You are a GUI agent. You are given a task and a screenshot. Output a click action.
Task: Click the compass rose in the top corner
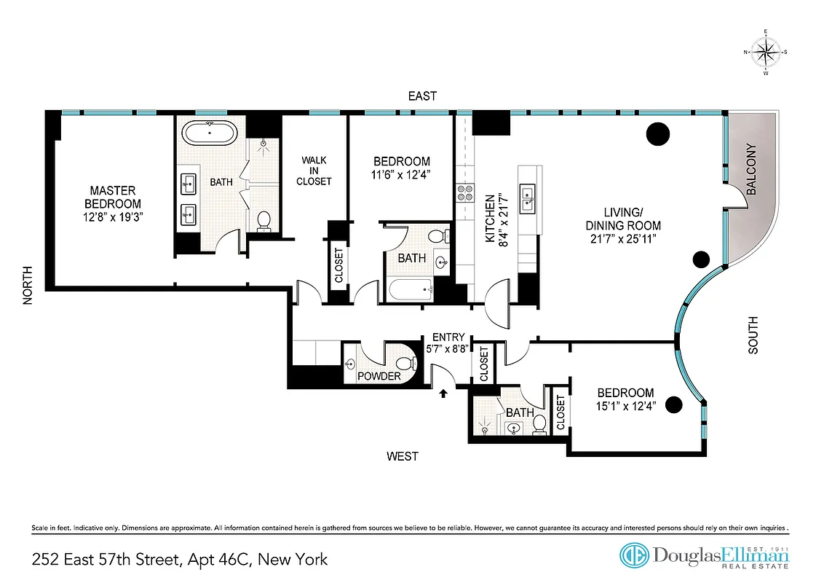click(x=765, y=52)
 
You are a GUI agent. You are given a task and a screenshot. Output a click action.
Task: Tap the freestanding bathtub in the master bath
click(x=210, y=134)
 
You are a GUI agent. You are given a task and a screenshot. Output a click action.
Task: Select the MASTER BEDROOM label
click(x=113, y=197)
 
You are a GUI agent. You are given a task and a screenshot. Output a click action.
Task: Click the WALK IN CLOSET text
click(x=314, y=170)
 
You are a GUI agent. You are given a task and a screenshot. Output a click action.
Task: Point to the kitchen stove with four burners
click(x=464, y=193)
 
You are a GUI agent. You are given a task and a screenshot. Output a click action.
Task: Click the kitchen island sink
click(x=527, y=194)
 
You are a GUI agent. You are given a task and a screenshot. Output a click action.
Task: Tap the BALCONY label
click(x=751, y=169)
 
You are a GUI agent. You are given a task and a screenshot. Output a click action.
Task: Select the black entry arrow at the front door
click(x=443, y=394)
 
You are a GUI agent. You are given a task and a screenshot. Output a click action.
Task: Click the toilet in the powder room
click(x=404, y=362)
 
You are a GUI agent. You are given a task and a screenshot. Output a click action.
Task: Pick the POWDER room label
click(x=379, y=376)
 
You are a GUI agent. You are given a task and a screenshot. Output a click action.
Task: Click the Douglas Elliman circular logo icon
click(x=634, y=555)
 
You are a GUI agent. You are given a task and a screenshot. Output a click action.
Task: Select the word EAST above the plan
click(x=422, y=96)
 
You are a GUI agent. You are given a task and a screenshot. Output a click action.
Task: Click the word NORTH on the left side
click(x=28, y=283)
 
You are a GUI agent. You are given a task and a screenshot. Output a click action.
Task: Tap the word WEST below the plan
click(x=402, y=456)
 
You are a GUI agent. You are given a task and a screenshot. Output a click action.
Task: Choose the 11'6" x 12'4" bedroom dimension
click(x=401, y=175)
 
